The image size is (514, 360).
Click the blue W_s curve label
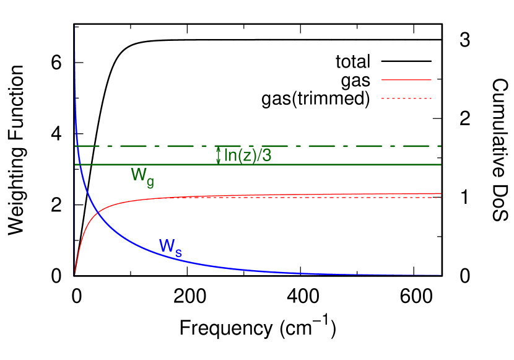(x=170, y=246)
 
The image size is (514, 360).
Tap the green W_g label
(x=142, y=175)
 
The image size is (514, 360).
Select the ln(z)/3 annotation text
(x=247, y=156)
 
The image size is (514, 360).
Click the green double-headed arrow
(x=218, y=156)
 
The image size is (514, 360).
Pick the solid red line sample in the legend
(x=406, y=80)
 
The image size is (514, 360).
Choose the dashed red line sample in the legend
(x=406, y=99)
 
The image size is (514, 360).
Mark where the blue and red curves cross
(x=98, y=214)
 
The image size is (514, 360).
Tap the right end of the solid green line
(x=440, y=164)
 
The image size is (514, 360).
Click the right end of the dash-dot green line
(x=440, y=146)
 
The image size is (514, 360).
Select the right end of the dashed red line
(x=440, y=197)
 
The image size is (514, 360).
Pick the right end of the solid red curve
(x=440, y=193)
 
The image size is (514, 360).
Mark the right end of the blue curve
(x=440, y=274)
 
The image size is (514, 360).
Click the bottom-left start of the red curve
(x=75, y=273)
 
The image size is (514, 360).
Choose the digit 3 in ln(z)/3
(x=266, y=156)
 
